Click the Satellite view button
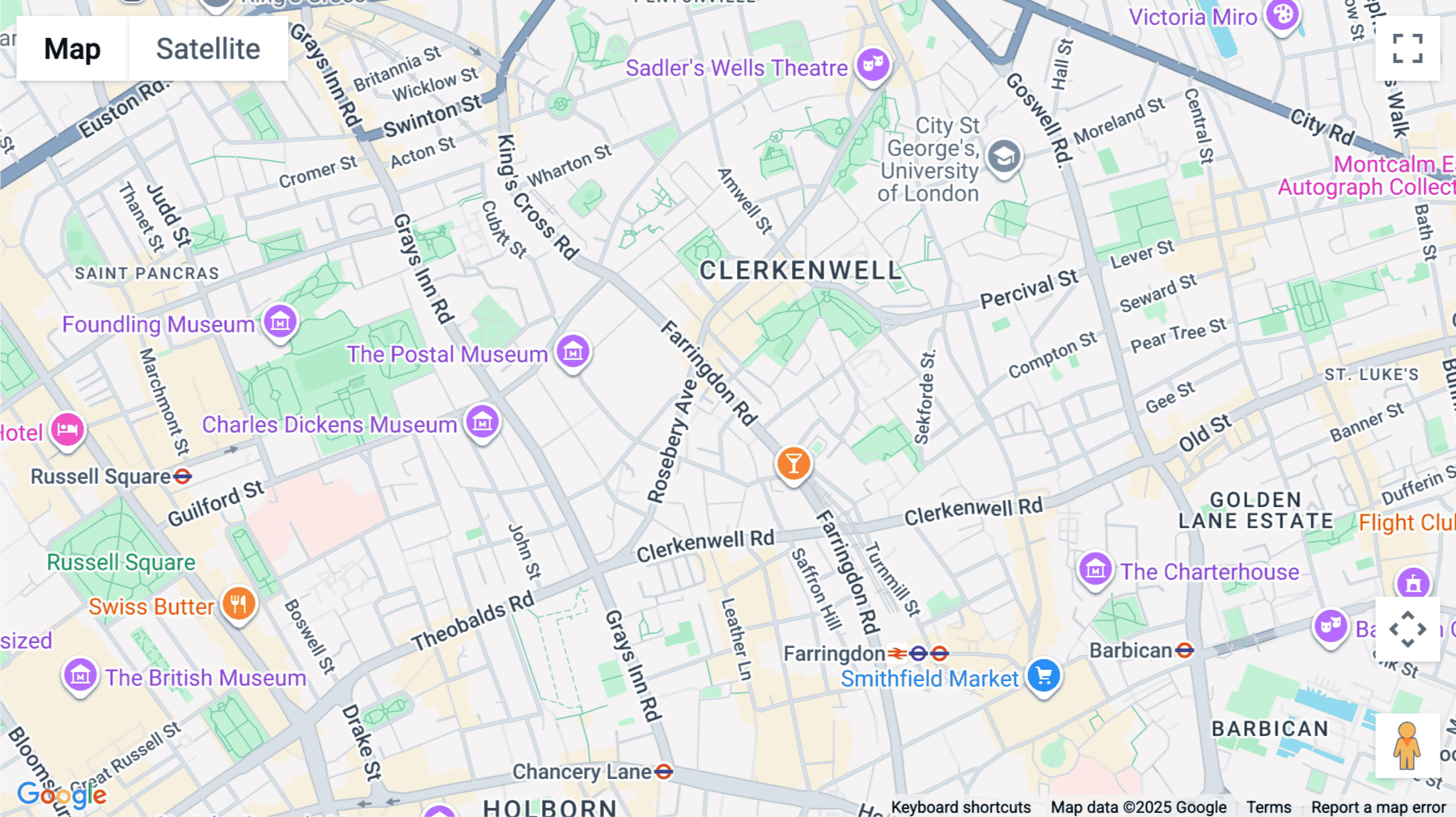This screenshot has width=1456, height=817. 208,49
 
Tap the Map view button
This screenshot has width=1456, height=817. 72,49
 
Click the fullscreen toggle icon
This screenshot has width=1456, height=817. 1407,49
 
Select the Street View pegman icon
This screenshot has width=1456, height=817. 1407,745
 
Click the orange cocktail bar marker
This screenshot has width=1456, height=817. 794,464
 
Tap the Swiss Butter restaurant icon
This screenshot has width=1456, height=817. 239,603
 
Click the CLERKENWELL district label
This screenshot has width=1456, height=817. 800,271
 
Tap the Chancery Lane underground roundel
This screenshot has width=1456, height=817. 663,772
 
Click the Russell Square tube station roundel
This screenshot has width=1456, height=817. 183,476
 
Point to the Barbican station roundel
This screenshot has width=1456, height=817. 1184,650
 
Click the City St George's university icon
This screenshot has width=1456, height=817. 1004,156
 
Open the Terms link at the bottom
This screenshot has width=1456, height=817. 1268,806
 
